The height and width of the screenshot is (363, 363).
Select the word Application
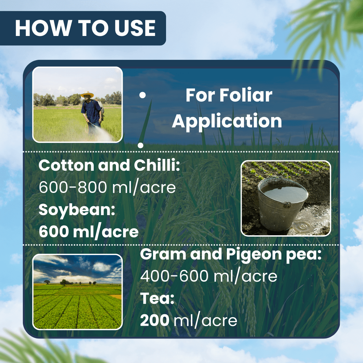[x=227, y=121]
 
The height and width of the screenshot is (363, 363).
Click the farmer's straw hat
[x=87, y=95]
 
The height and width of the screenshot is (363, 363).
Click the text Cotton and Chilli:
[x=110, y=166]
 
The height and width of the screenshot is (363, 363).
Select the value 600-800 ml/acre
[x=107, y=187]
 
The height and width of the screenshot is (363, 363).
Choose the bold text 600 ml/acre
[x=89, y=232]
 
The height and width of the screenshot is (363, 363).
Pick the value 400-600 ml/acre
[x=209, y=276]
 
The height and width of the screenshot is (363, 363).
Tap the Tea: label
[x=157, y=298]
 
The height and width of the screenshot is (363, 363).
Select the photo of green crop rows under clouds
[x=78, y=292]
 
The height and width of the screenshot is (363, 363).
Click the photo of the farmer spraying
[x=78, y=104]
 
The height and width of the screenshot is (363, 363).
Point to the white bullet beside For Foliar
[x=143, y=96]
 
